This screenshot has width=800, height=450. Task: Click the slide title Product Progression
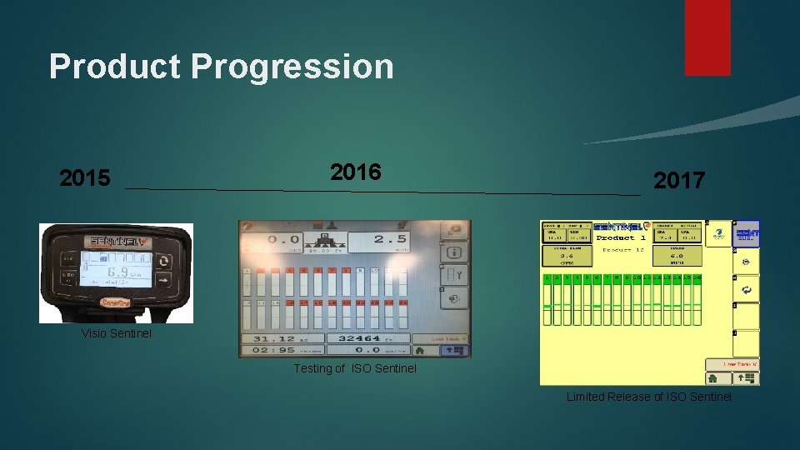[x=221, y=67]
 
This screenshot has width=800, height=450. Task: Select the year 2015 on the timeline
[x=85, y=179]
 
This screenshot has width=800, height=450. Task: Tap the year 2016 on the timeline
[x=356, y=172]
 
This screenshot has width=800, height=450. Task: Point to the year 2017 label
[x=679, y=181]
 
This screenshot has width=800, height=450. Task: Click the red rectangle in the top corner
[x=707, y=37]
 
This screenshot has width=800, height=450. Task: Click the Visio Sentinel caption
[x=117, y=334]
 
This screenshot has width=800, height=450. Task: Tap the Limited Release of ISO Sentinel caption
[x=649, y=397]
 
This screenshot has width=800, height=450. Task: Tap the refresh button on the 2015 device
[x=164, y=260]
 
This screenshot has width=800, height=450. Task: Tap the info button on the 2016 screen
[x=455, y=251]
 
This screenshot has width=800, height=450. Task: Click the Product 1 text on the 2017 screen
[x=620, y=238]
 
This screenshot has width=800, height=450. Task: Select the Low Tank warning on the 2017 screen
[x=732, y=364]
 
